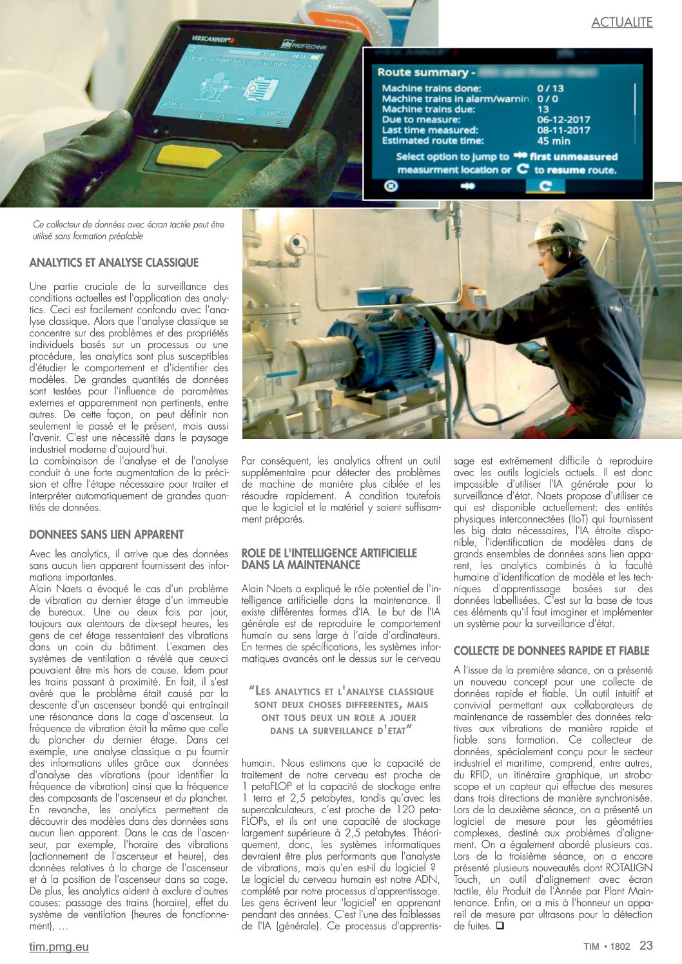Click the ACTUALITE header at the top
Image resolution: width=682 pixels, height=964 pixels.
(621, 23)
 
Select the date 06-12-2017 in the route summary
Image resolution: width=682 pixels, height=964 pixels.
(563, 119)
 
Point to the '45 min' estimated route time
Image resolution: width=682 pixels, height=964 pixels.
(553, 140)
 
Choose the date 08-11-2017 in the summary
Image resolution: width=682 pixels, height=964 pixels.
(563, 130)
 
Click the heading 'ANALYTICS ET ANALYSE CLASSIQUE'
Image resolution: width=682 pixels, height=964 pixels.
(114, 262)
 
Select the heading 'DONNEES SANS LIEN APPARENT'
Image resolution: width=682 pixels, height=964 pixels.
(106, 534)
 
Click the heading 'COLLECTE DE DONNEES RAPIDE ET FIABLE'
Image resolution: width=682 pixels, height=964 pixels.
(551, 651)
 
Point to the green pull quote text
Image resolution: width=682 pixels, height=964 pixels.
(341, 711)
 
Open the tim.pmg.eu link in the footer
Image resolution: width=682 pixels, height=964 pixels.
(59, 947)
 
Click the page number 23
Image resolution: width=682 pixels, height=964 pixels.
(646, 945)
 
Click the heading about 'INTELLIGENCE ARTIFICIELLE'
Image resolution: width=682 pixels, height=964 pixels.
(329, 559)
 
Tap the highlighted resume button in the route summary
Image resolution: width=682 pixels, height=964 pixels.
(545, 186)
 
